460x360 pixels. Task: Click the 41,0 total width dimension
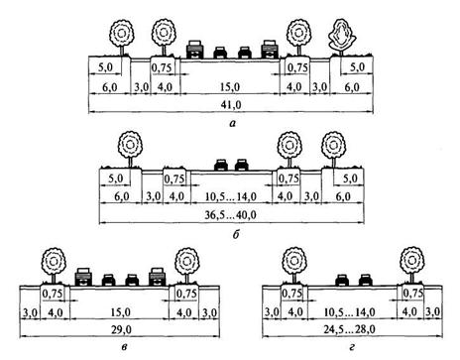click(x=234, y=105)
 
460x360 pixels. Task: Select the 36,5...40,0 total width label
click(x=230, y=215)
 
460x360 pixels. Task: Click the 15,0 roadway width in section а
click(x=231, y=87)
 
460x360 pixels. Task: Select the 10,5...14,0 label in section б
click(x=231, y=197)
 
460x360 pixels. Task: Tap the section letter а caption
click(x=233, y=124)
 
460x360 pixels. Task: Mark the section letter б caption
click(x=236, y=234)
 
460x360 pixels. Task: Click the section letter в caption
click(x=123, y=347)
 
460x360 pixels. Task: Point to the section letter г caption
click(x=352, y=347)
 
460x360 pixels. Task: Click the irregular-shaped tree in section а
click(x=341, y=38)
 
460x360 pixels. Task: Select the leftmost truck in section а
click(x=194, y=50)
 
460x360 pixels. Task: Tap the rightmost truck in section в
click(x=157, y=277)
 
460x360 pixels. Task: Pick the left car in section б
click(x=221, y=165)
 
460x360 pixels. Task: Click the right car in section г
click(x=366, y=280)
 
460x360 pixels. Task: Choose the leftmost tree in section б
click(x=130, y=149)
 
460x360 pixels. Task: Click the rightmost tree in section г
click(x=411, y=264)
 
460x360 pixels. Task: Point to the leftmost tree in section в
click(x=54, y=266)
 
